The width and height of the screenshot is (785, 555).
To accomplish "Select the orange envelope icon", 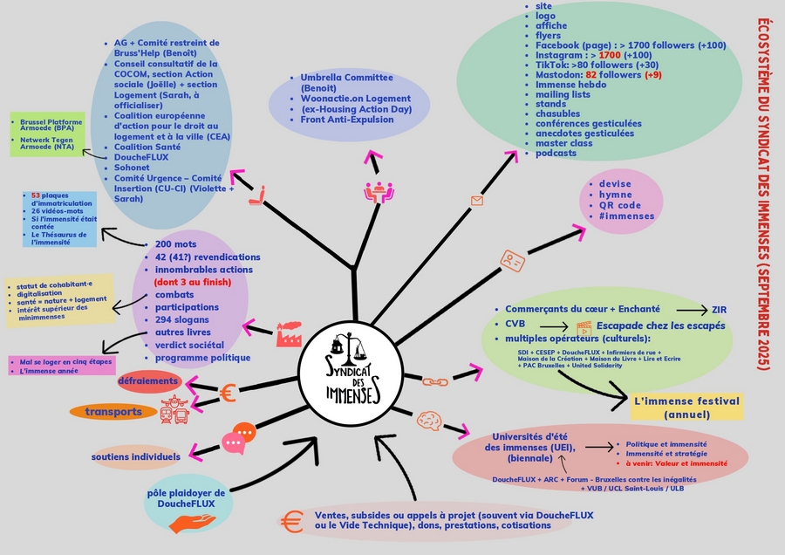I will [476, 201].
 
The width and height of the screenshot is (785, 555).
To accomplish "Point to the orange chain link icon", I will [433, 381].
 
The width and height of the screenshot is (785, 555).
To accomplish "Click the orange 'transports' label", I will [114, 411].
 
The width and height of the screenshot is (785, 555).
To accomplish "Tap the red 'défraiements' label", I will [149, 381].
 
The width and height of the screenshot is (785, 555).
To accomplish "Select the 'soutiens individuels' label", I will [136, 456].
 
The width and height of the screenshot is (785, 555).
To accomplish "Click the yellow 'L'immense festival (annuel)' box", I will [687, 408].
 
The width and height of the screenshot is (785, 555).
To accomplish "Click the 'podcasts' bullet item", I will [556, 154].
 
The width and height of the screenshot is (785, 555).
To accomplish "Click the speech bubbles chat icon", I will [238, 439].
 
